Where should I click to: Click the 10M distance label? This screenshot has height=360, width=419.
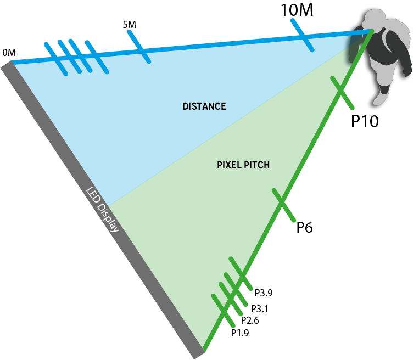click(x=297, y=10)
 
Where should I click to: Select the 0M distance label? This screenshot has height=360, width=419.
click(x=9, y=53)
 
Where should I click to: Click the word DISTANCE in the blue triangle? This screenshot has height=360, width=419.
click(x=204, y=106)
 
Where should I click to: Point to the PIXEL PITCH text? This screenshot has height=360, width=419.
click(x=243, y=165)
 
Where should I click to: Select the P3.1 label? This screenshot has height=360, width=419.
click(x=259, y=309)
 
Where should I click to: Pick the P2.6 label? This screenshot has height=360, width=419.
click(x=250, y=320)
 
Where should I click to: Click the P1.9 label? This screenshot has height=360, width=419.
click(x=240, y=333)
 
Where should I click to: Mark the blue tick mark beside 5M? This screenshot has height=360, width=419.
click(x=135, y=40)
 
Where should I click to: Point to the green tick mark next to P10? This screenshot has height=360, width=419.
click(x=347, y=101)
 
